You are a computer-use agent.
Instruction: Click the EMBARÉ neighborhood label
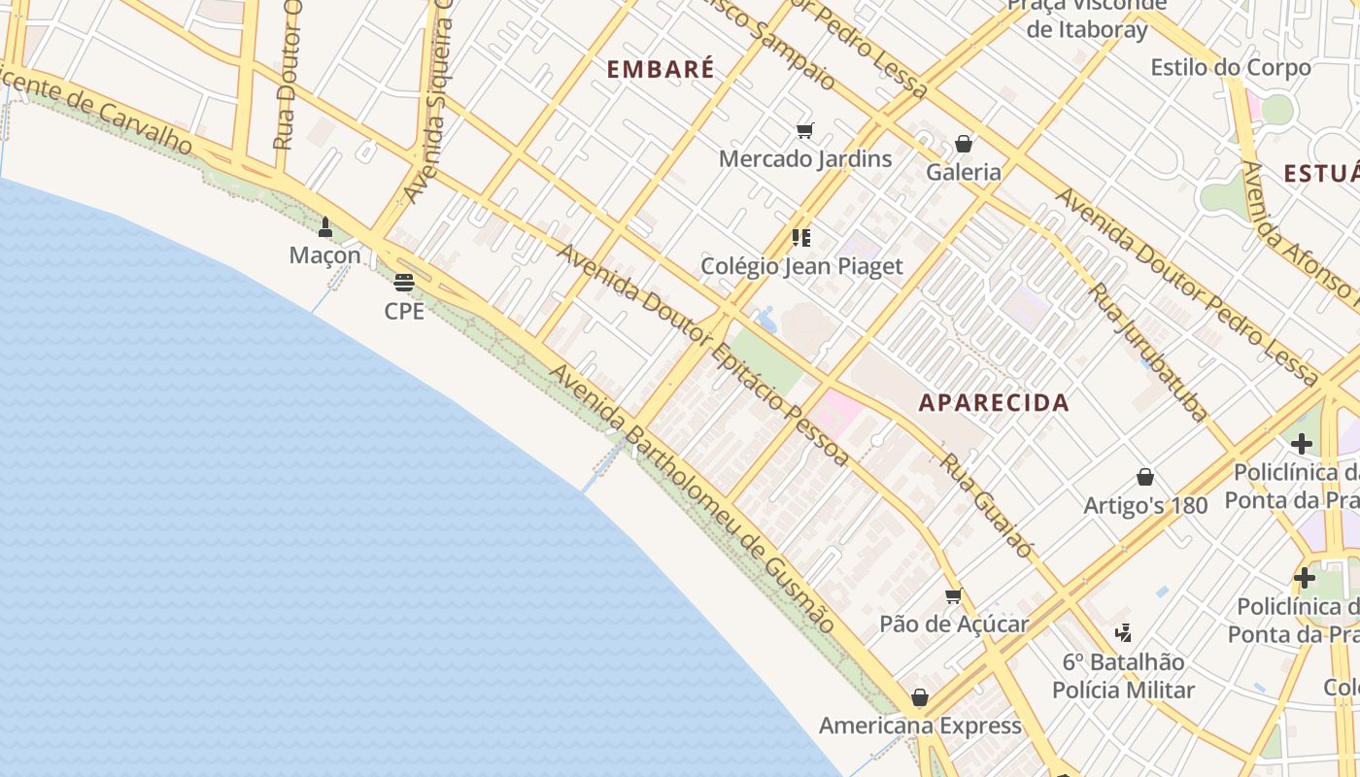661,69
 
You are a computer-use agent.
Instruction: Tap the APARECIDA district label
994,403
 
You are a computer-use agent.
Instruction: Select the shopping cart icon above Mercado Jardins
804,131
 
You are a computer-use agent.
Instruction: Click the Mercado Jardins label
805,158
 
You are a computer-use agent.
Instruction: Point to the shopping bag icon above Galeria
964,144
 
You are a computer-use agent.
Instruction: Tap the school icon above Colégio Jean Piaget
801,237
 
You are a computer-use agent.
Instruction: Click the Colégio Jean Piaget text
802,266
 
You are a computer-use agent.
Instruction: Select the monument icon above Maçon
325,228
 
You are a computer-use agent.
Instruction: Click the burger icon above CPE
404,284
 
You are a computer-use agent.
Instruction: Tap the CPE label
404,312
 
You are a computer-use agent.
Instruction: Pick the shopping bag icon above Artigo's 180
1145,477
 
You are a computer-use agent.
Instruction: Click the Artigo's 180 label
1145,505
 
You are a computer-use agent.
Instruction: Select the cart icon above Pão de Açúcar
954,595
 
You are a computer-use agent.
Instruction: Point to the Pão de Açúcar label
954,624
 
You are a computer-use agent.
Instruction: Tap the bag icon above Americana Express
920,697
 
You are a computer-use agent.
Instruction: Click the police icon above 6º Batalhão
1124,633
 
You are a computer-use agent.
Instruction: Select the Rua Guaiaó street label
987,505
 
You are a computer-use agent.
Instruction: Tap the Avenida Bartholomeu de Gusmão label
693,499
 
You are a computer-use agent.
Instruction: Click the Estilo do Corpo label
1231,68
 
